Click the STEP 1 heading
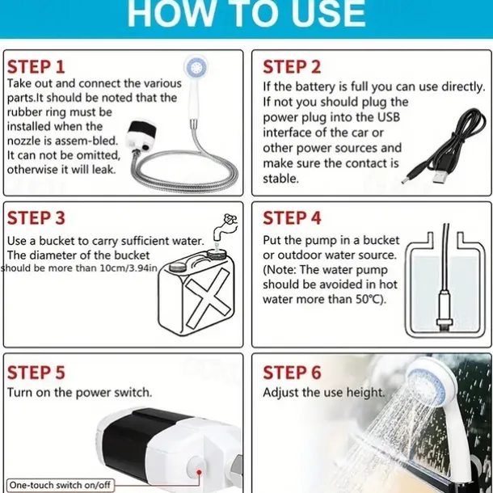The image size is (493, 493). pos(36,66)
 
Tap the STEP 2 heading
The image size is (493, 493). pos(292,66)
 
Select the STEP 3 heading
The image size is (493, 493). pos(36,218)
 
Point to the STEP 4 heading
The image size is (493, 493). pos(292,218)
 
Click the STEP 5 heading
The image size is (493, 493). pos(36,373)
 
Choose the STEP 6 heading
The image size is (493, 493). pos(292,373)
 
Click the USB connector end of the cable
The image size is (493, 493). pos(440,177)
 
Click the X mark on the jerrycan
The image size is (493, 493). pos(208,297)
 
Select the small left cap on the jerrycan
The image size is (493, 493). pos(178,267)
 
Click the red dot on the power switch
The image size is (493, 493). pos(199,472)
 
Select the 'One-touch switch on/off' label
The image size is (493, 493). pos(60,485)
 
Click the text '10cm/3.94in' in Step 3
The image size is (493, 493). pos(129,268)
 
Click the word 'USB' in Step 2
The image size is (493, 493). pos(388,117)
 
